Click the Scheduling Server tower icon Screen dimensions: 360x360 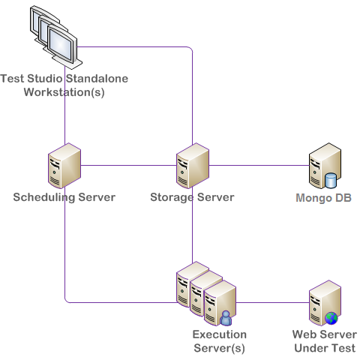[64, 166]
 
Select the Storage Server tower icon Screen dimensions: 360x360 [193, 166]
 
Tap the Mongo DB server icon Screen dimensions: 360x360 [325, 166]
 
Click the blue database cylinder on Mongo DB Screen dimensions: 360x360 [331, 181]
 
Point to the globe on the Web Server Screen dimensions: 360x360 [331, 318]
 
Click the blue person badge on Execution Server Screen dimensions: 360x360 [226, 318]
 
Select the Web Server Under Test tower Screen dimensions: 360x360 [325, 303]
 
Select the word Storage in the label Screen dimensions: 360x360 [172, 197]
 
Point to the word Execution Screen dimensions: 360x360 [220, 334]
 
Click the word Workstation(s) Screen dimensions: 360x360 [64, 92]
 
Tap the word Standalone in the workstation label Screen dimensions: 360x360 [97, 79]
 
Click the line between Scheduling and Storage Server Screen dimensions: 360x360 [128, 165]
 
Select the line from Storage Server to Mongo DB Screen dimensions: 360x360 [259, 165]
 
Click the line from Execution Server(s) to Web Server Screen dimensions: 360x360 [272, 303]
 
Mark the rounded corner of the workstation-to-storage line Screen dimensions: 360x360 [190, 49]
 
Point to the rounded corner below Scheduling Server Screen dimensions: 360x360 [67, 301]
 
